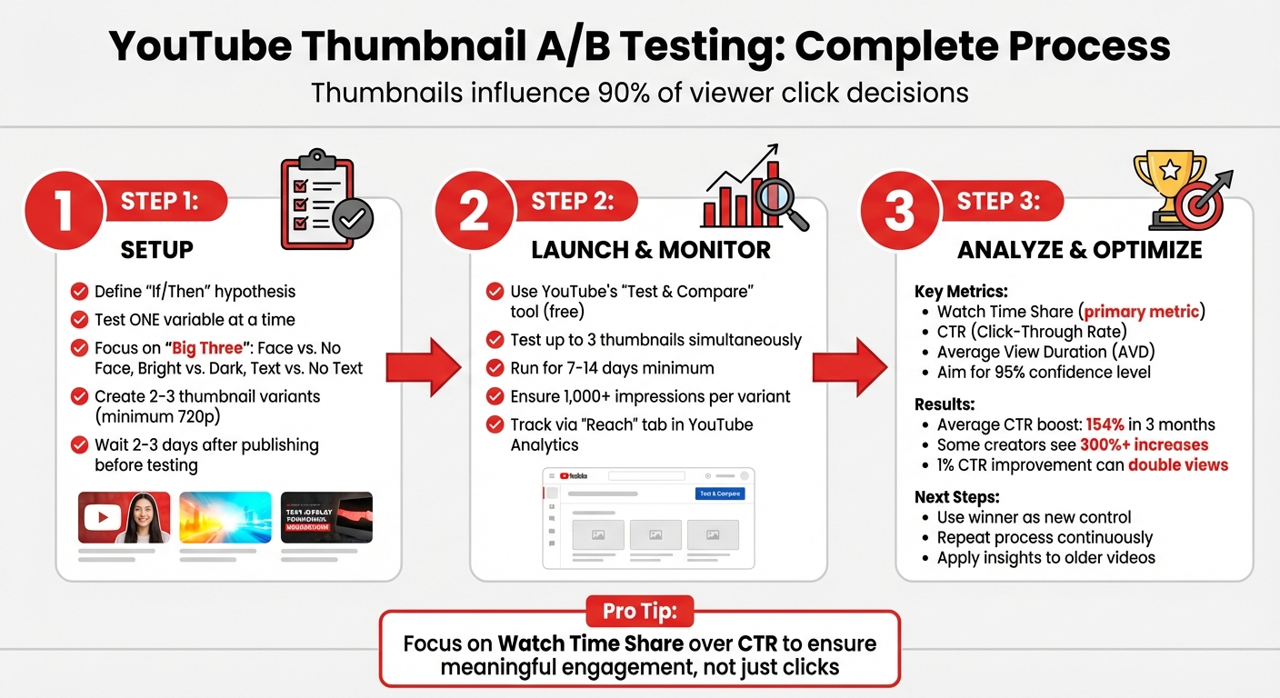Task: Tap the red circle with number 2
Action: point(475,211)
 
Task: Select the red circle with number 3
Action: point(898,211)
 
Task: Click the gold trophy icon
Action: point(1167,186)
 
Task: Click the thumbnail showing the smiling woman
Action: point(124,517)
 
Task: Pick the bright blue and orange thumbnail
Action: point(225,517)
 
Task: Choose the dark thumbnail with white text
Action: point(326,517)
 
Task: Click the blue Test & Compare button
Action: point(720,494)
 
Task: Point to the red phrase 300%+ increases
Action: point(1144,444)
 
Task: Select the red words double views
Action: point(1178,464)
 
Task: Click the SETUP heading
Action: point(157,249)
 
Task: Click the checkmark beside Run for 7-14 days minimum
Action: point(495,369)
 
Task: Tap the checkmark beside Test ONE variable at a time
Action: point(80,320)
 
